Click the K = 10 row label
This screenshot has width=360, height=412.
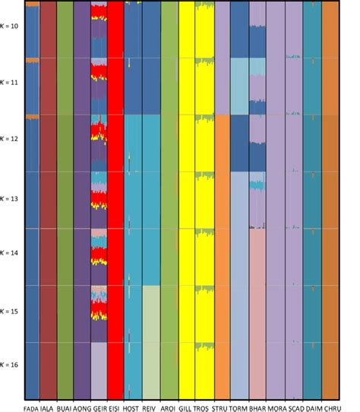click(x=11, y=26)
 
